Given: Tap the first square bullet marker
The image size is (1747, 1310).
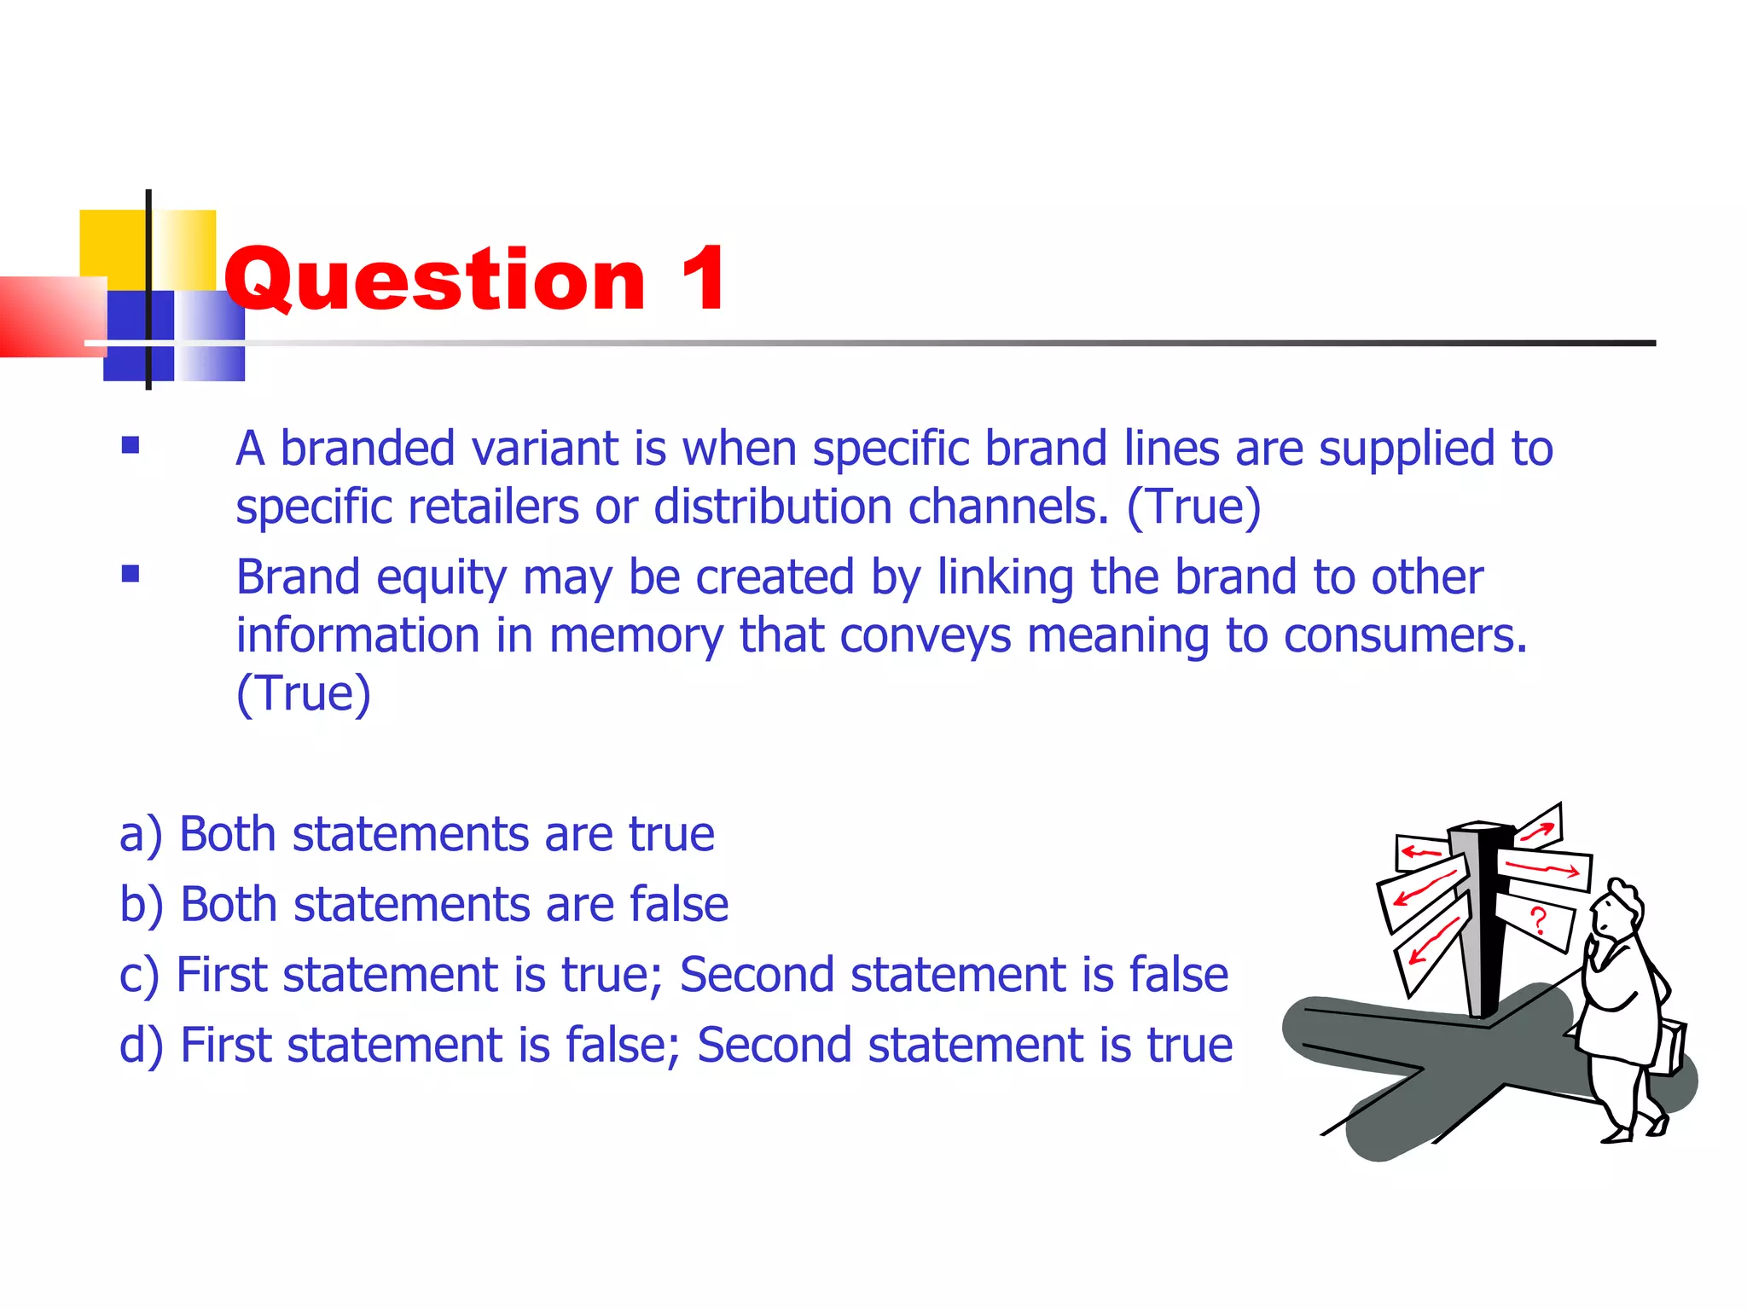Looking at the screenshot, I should coord(131,445).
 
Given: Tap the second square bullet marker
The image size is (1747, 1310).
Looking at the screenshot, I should coord(131,574).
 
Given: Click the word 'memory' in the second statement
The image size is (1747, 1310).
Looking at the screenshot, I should coord(636,636).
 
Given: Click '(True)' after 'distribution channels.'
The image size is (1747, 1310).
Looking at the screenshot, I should coord(1193,507).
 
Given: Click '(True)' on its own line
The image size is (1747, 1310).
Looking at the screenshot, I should coord(304,693).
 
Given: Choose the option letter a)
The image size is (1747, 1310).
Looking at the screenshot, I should coord(141,834).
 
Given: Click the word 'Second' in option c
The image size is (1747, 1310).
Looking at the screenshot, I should coord(757,975).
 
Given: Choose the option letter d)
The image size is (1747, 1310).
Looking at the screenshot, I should coord(142,1046).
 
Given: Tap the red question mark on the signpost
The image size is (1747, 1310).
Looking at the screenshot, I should coord(1538,921).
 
